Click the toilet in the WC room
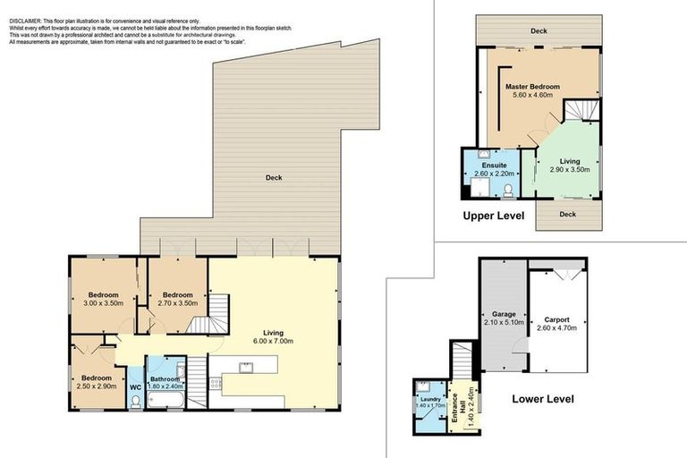(x=134, y=403)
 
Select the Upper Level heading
(x=493, y=216)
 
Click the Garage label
(x=502, y=314)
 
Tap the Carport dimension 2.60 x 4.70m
(x=556, y=328)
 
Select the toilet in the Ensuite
(x=507, y=189)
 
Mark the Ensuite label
(x=495, y=165)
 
